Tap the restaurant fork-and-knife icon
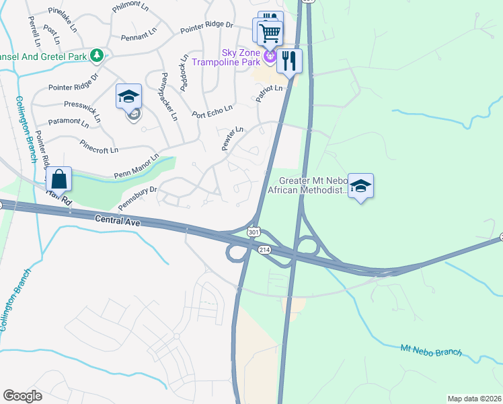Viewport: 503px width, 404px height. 289,61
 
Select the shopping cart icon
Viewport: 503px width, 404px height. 269,32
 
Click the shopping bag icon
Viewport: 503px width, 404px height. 59,180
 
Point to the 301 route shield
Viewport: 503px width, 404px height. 253,232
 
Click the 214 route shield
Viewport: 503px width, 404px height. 264,249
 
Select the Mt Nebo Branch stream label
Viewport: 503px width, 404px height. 431,350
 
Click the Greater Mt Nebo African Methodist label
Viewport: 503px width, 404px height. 307,185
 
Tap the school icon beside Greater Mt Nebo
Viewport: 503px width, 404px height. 360,187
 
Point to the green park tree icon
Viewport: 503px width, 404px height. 97,55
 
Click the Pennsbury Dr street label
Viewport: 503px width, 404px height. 137,191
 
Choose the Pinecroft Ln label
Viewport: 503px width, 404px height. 99,145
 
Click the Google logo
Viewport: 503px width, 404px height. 22,396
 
